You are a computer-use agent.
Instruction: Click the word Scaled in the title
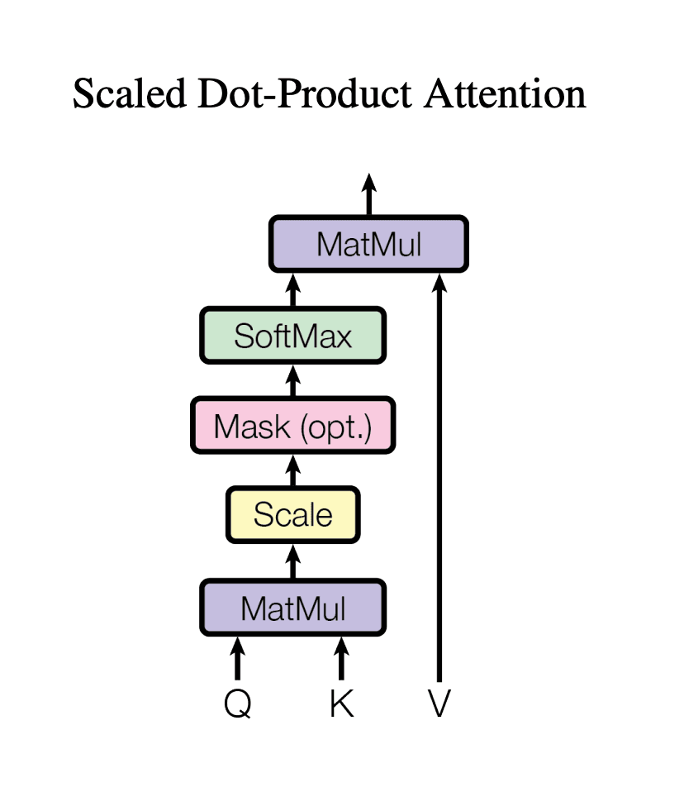(x=128, y=93)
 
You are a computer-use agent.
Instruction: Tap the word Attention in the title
(x=505, y=93)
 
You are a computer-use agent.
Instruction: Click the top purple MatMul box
(x=369, y=244)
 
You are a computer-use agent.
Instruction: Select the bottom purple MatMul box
(x=293, y=608)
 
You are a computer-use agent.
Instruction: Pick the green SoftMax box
(x=292, y=335)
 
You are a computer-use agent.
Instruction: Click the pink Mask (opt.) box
(x=292, y=427)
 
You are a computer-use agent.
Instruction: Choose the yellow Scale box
(x=292, y=514)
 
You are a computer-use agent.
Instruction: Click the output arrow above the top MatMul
(x=369, y=194)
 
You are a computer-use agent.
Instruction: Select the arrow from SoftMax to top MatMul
(x=292, y=290)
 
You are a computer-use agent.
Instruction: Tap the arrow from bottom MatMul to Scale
(x=292, y=561)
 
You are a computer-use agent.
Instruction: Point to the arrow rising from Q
(x=238, y=658)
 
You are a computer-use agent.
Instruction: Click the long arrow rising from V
(x=439, y=479)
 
